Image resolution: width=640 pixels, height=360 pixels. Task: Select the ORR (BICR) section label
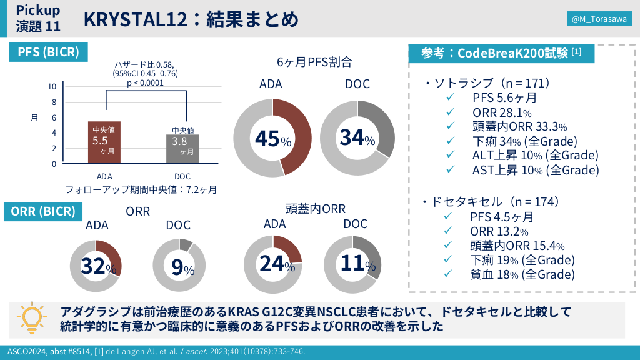[43, 211]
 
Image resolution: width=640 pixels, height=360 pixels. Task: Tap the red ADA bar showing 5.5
[104, 142]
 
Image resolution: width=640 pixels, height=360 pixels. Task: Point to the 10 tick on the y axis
[53, 87]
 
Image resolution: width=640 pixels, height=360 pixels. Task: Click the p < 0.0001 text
[145, 82]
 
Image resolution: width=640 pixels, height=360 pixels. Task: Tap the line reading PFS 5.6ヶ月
[504, 97]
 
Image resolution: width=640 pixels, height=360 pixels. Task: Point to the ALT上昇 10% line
[535, 155]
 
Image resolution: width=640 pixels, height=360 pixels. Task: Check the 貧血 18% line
[522, 274]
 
